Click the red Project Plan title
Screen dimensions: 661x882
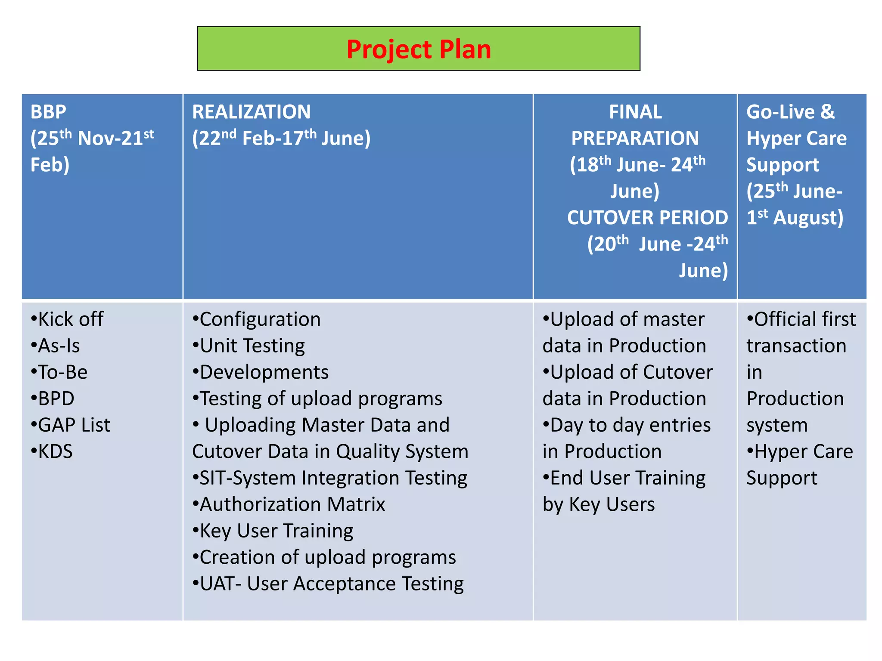click(x=419, y=49)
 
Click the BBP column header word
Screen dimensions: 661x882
click(x=48, y=112)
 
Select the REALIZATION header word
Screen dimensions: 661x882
click(x=252, y=112)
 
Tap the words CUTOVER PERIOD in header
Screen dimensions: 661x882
click(x=647, y=218)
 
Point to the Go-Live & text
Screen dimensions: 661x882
click(x=790, y=112)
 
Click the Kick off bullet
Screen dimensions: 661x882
click(x=67, y=319)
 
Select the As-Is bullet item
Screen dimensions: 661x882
click(x=56, y=346)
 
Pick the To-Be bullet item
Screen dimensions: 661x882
click(x=59, y=372)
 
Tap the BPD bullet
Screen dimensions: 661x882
click(x=53, y=398)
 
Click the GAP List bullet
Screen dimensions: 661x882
click(x=71, y=425)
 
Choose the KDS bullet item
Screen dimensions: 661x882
click(x=52, y=451)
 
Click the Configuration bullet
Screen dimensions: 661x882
click(x=257, y=319)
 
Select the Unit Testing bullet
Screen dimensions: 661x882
click(x=249, y=346)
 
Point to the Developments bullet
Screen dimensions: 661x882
click(x=261, y=372)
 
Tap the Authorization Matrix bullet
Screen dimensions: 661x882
click(x=289, y=504)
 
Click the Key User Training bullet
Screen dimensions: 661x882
click(x=273, y=531)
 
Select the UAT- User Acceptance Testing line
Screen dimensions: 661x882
click(x=328, y=584)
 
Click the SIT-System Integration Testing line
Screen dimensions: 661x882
click(x=330, y=478)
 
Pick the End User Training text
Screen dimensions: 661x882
click(x=624, y=478)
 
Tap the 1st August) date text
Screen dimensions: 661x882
click(x=795, y=218)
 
